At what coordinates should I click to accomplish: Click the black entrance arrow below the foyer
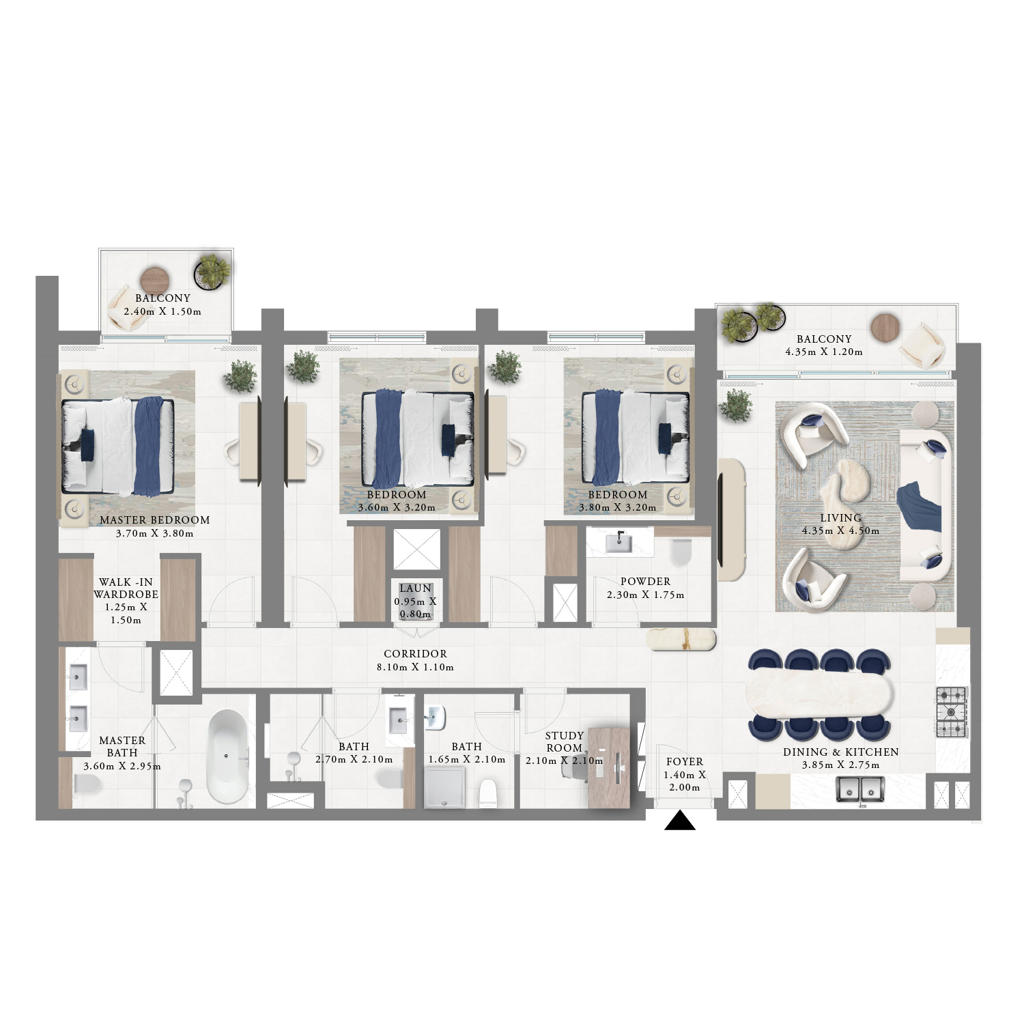(x=680, y=820)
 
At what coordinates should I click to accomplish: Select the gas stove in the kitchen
(x=952, y=712)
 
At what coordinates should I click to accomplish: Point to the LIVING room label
(x=840, y=518)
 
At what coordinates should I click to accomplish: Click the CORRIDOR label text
(x=415, y=654)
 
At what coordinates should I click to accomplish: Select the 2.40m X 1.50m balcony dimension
(x=162, y=312)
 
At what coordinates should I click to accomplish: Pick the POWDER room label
(x=645, y=582)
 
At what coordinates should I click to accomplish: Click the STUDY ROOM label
(x=565, y=741)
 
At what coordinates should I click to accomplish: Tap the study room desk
(x=609, y=768)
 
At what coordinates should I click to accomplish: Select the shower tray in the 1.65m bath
(x=445, y=787)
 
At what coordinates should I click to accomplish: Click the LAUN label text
(x=415, y=588)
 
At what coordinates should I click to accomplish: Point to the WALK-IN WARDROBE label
(x=126, y=588)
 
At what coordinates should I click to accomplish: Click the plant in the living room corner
(x=736, y=406)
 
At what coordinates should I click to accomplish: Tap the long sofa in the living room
(x=926, y=505)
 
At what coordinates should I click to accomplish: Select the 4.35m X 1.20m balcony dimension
(x=824, y=352)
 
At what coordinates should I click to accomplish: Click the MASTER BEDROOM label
(x=155, y=520)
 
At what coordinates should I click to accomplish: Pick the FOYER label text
(x=685, y=762)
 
